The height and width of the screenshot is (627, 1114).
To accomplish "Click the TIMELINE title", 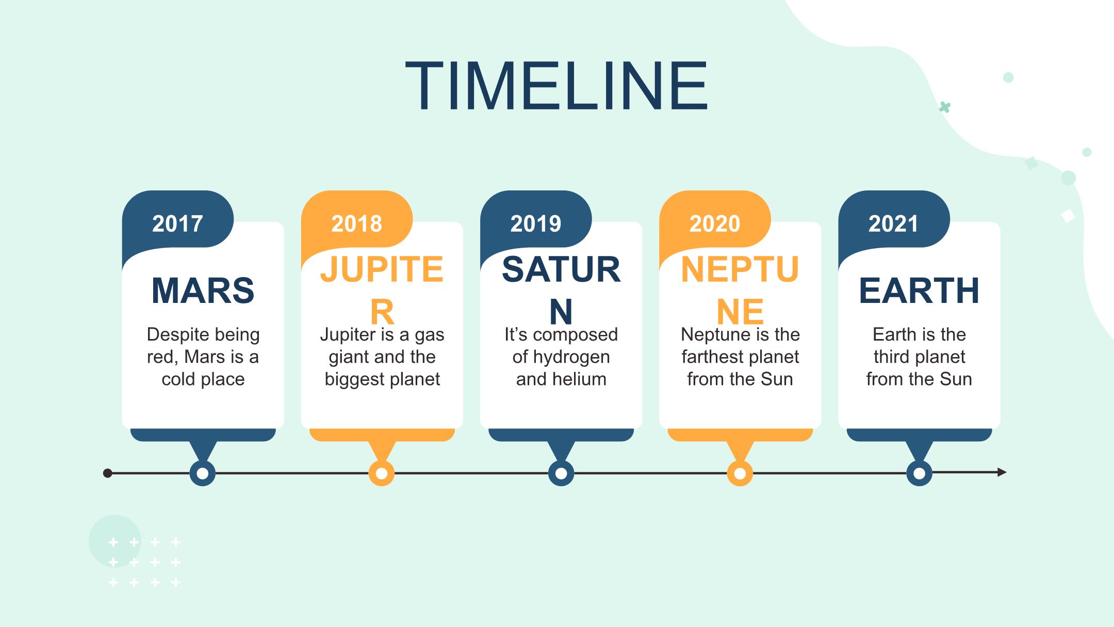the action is click(556, 86).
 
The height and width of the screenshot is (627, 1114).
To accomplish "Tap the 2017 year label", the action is click(177, 224).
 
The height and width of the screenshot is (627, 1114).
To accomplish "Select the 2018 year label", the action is click(356, 224).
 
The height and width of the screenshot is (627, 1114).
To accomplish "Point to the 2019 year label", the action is click(535, 224).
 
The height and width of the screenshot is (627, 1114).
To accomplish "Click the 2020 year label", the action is click(714, 224).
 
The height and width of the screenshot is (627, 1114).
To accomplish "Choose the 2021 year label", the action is click(893, 224).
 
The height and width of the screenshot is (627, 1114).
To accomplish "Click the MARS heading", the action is click(203, 291).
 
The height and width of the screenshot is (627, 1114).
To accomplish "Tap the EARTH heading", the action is click(919, 291).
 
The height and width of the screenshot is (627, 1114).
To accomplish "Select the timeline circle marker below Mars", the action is click(203, 473).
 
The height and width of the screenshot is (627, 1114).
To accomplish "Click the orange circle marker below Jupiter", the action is click(382, 473).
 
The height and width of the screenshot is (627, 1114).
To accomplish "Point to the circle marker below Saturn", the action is click(561, 473).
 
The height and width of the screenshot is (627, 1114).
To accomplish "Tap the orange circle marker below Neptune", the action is click(740, 473).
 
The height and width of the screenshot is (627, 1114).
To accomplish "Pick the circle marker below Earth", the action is click(919, 473).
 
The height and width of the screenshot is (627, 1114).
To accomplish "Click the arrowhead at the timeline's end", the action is click(1002, 472).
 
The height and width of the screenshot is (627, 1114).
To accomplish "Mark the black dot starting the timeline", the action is click(108, 473).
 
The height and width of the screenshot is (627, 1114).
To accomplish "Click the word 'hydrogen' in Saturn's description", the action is click(571, 358).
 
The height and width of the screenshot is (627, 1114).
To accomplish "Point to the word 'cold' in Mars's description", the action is click(178, 379).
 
